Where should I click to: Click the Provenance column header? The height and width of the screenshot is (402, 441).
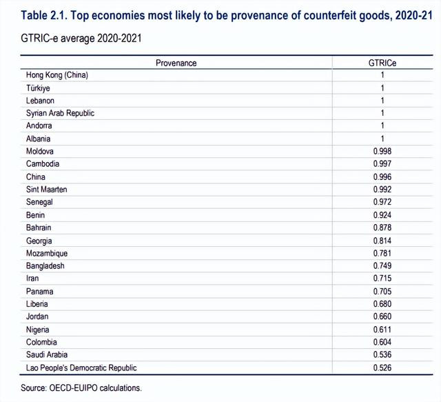click(x=176, y=63)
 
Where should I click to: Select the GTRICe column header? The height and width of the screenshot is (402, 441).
click(x=382, y=63)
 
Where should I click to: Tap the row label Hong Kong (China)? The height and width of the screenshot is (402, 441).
click(x=57, y=75)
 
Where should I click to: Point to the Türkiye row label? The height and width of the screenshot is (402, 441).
click(x=38, y=88)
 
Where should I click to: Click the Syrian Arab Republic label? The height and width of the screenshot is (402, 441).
click(x=60, y=113)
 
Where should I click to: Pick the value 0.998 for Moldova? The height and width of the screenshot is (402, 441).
click(x=382, y=151)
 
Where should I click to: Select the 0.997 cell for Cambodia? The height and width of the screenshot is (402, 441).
click(x=382, y=164)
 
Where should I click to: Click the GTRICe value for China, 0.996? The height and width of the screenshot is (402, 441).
click(x=382, y=177)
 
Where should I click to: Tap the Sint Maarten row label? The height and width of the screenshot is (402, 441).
click(x=46, y=190)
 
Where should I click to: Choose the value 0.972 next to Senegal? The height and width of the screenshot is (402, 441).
click(x=382, y=202)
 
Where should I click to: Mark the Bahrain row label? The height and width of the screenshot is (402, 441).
click(x=39, y=228)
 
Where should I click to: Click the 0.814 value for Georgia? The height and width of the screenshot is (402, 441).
click(x=382, y=241)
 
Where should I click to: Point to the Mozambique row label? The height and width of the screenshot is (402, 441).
click(x=47, y=253)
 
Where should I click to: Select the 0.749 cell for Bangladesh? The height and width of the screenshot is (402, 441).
click(x=382, y=265)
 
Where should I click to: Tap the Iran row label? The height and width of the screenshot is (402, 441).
click(x=32, y=279)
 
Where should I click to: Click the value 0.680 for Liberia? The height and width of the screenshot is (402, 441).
click(x=382, y=304)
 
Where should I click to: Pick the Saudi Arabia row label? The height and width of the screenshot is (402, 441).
click(x=47, y=354)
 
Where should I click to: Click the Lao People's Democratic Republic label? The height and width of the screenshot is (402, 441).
click(x=81, y=368)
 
